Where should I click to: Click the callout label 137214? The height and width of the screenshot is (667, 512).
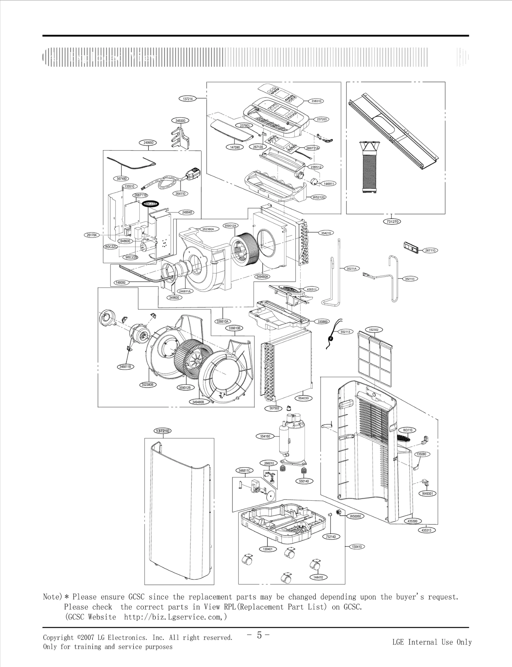pos(188,99)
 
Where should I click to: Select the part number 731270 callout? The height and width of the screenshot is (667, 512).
pos(392,221)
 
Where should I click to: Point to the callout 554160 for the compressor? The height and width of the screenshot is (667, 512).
pos(265,436)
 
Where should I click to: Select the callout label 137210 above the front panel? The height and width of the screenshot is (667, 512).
pos(163,431)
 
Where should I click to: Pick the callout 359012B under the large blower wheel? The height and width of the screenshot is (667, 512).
pos(185,388)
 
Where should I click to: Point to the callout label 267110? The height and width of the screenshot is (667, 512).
pos(430,250)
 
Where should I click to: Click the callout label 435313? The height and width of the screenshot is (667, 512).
pos(427,530)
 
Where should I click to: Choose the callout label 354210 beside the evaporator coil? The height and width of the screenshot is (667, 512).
pos(326,233)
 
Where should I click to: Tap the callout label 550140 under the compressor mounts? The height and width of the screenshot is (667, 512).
pos(304,481)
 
